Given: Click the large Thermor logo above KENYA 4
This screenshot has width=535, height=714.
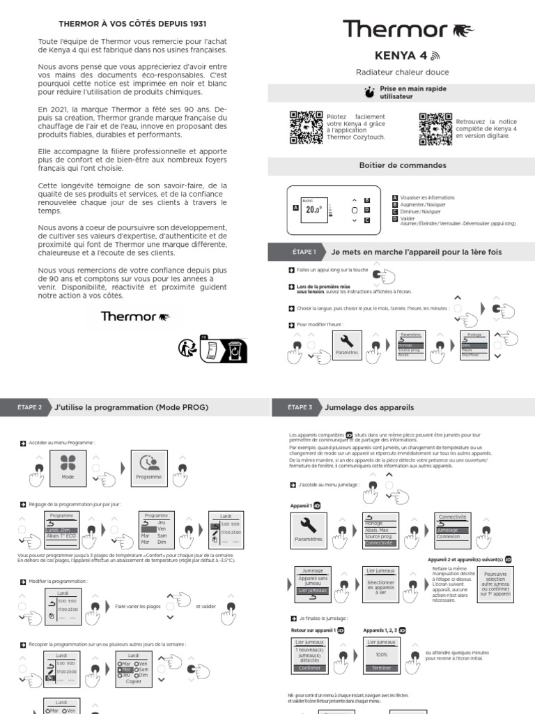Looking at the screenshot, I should [408, 29].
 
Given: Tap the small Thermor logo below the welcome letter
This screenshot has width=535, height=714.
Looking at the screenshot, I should [135, 316].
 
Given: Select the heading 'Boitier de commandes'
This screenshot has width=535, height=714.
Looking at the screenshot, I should [393, 165].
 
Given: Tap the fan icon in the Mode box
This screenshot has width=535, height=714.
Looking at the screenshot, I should [68, 464].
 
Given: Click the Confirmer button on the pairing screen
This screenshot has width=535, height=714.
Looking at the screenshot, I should [309, 667].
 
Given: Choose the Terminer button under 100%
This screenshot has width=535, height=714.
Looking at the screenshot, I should [381, 667].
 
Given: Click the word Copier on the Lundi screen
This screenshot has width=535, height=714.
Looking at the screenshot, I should [133, 681].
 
